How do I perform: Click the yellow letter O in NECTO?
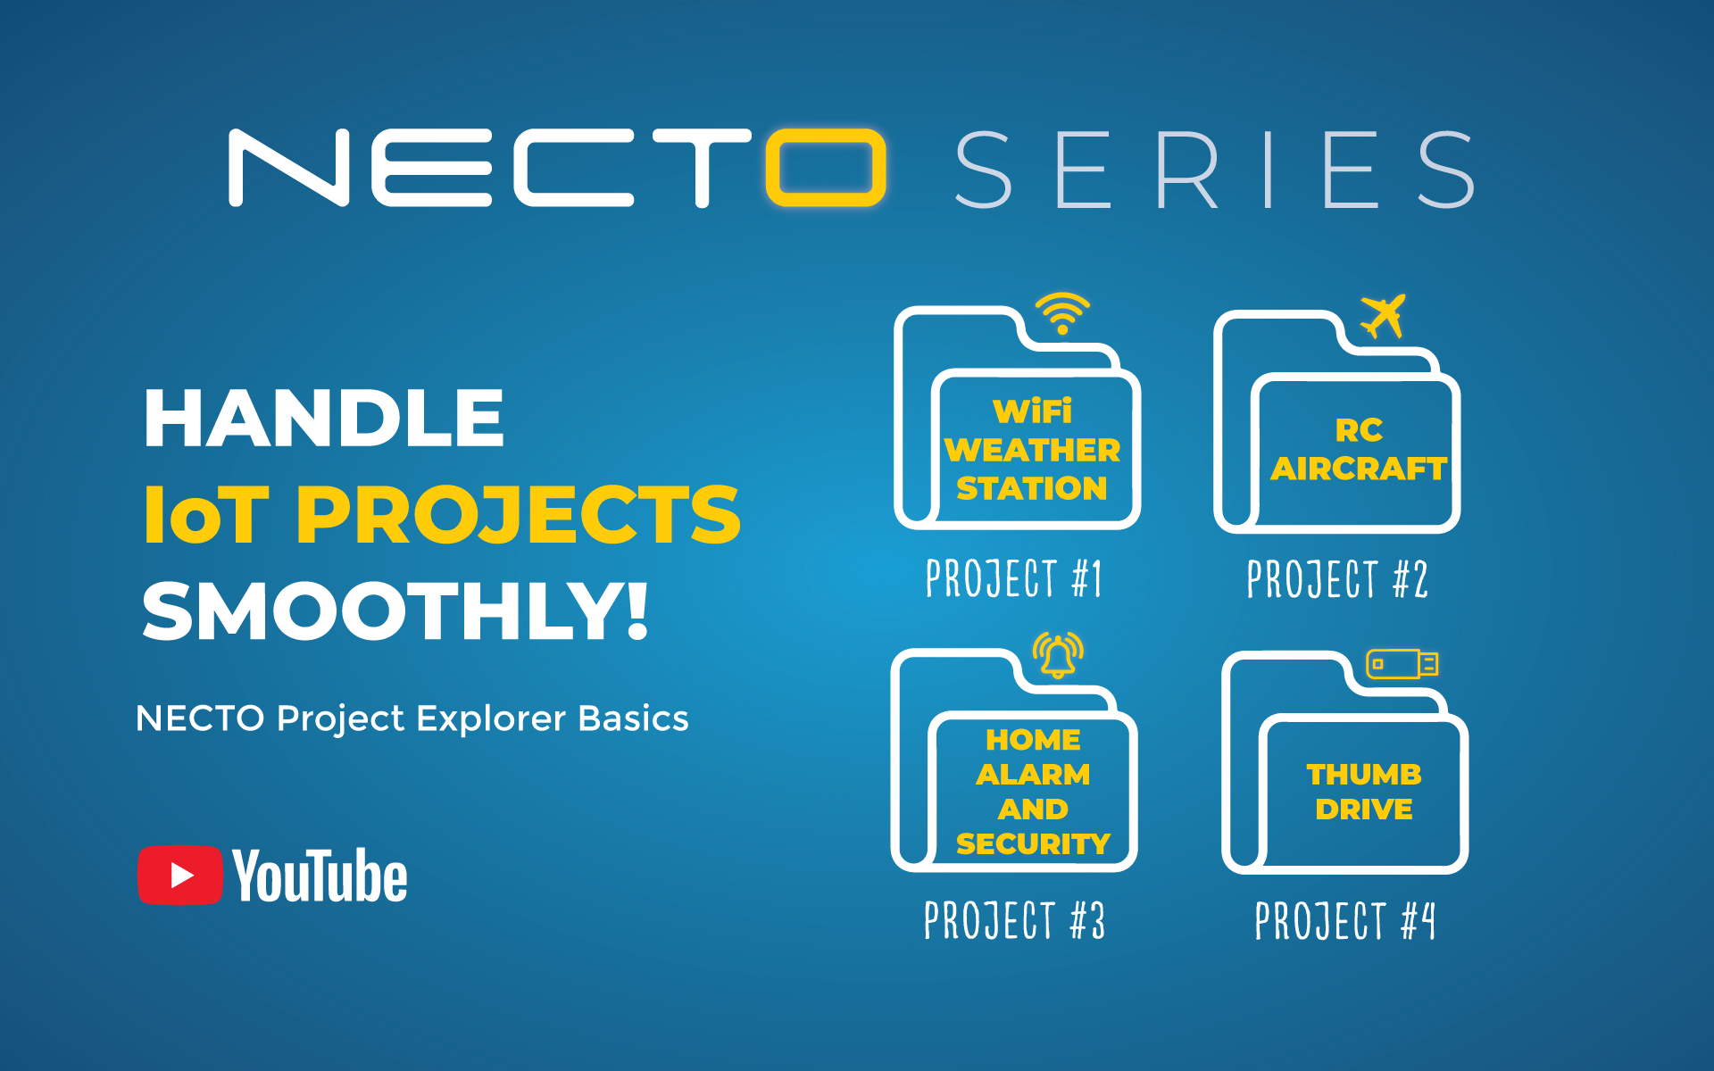(826, 168)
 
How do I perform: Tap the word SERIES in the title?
(1214, 170)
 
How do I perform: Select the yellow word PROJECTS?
(518, 515)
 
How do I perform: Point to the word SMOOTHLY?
(395, 611)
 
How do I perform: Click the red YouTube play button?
(179, 875)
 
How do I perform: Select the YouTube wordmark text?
(320, 876)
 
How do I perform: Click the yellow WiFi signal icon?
(1062, 312)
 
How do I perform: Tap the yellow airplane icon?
(1383, 316)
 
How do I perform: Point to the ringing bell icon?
(1058, 657)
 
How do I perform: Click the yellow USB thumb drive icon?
(1402, 664)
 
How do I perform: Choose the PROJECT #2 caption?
(1337, 579)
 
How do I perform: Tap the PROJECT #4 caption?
(1345, 921)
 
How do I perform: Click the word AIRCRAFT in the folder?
(1359, 469)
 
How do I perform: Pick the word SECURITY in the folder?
(1033, 843)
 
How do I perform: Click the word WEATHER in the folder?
(1032, 450)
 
